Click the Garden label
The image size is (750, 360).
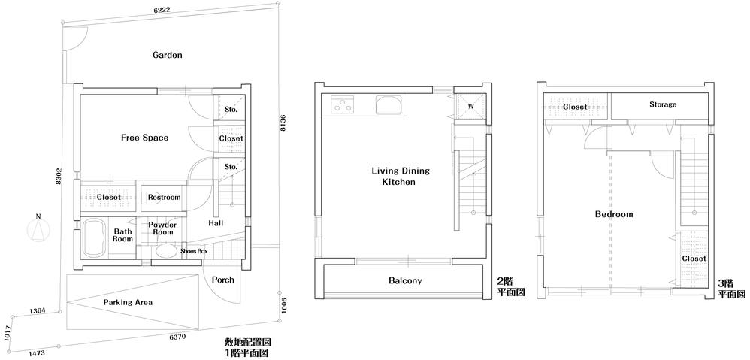coord(168,55)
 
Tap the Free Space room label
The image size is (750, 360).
coord(144,138)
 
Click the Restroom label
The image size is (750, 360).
coord(164,198)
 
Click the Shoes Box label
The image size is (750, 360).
coord(193,250)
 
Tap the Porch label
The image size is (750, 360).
coord(222,280)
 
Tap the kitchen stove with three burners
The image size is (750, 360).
coord(343,104)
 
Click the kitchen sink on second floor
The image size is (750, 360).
coord(390,104)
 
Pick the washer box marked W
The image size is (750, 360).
coord(470,106)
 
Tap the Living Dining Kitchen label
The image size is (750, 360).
coord(394,177)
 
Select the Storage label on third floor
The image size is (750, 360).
coord(662,104)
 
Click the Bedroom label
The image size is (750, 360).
coord(613,214)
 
